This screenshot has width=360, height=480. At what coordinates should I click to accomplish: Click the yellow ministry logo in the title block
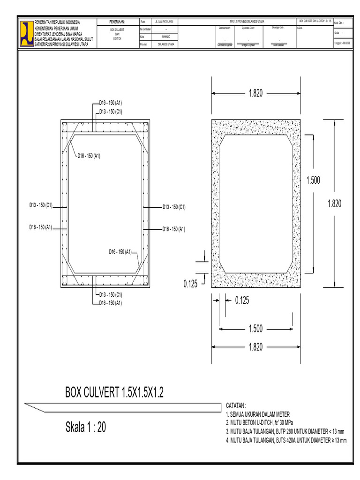click(x=26, y=33)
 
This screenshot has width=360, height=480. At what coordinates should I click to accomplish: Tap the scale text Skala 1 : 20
click(x=86, y=427)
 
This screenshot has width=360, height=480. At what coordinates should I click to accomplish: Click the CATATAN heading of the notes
click(x=236, y=405)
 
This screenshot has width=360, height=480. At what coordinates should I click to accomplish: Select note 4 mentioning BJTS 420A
click(x=286, y=441)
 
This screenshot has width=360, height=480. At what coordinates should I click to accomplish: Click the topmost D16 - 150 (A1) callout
click(x=111, y=102)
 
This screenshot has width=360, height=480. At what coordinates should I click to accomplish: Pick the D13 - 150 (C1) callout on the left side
click(x=40, y=205)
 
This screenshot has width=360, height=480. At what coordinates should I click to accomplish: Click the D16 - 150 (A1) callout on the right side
click(x=173, y=229)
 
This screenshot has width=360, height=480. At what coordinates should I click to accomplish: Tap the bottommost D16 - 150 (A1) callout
click(x=111, y=303)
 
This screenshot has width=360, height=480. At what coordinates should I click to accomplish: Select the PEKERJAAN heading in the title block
click(x=117, y=22)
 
